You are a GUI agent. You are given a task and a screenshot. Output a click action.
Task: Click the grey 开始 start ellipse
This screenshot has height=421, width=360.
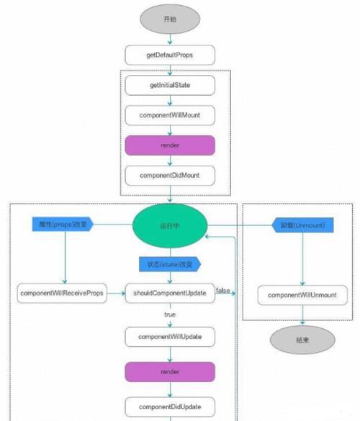(170, 19)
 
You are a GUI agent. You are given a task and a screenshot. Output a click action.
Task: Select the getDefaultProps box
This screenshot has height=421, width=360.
(170, 54)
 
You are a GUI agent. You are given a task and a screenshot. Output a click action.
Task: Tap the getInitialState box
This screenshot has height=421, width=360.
(170, 85)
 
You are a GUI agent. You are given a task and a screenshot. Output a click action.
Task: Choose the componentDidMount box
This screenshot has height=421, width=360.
(170, 174)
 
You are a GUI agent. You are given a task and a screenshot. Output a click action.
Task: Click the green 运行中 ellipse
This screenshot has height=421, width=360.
(170, 225)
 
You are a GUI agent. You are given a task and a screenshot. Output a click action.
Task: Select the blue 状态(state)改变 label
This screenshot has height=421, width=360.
(170, 264)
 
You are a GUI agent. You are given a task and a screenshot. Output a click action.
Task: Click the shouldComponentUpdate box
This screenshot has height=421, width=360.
(170, 294)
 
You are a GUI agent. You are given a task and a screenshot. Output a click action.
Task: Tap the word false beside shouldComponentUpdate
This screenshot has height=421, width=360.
(223, 289)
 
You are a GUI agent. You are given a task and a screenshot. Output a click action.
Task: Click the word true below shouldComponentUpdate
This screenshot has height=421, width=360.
(170, 315)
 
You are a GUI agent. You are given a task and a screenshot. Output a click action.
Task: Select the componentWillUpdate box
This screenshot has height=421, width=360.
(170, 336)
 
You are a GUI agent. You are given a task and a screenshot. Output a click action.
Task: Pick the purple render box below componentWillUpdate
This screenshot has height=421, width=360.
(170, 372)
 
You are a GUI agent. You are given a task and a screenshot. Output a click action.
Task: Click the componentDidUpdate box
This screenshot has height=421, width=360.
(170, 407)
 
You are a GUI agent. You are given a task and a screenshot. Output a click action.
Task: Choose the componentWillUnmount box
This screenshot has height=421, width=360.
(302, 295)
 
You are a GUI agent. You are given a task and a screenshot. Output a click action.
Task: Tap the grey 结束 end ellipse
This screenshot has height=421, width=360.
(302, 340)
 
